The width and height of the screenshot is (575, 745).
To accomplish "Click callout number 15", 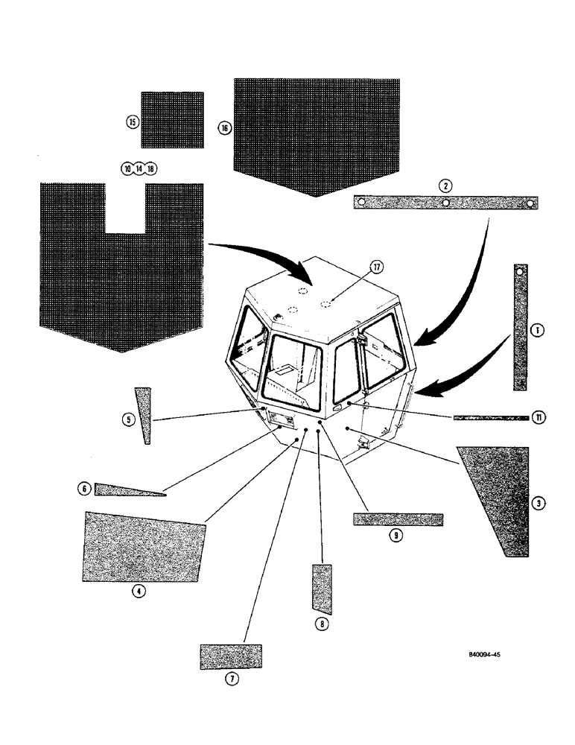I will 131,122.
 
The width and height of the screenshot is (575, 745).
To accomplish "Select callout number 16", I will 224,128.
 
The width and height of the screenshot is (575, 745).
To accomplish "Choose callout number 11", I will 539,418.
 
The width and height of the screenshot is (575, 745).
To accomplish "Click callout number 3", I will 539,504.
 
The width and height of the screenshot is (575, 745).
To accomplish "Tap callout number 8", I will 321,627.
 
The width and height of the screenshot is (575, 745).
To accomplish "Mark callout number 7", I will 231,679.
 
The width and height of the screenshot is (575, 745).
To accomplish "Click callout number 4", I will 137,592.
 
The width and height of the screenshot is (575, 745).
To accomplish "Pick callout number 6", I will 84,489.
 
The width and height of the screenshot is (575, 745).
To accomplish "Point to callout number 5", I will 127,419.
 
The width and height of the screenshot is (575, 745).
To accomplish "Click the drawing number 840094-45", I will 485,656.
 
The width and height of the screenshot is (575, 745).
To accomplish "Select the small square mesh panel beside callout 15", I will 172,120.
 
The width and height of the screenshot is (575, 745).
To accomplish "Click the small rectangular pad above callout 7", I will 231,656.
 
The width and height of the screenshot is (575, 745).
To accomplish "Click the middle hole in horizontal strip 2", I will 445,203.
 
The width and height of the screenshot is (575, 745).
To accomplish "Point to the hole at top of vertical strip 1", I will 521,273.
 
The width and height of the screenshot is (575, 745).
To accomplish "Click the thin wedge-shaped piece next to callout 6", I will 127,489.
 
